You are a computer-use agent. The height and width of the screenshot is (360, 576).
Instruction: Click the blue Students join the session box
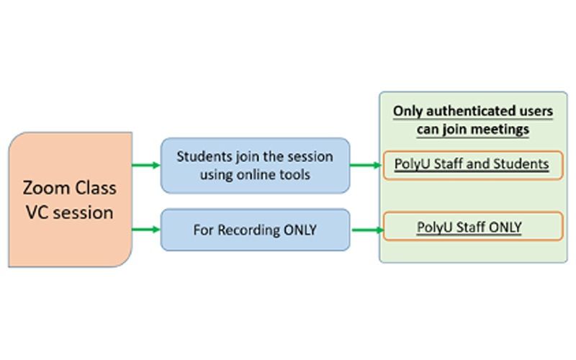point(255,166)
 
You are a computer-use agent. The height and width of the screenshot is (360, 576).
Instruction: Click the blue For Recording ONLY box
point(255,230)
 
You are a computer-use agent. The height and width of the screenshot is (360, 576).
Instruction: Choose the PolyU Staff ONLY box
point(472,228)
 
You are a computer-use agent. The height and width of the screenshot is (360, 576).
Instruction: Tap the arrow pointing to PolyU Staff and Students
point(365,166)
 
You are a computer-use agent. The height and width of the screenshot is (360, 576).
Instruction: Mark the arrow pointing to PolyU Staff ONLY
point(365,230)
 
